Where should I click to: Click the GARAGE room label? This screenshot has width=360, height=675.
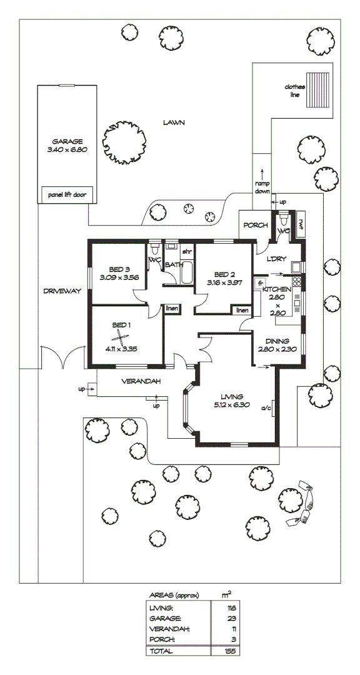[67, 141]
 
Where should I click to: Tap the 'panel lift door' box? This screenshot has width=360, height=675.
[67, 194]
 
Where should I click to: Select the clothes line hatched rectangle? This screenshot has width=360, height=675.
[317, 90]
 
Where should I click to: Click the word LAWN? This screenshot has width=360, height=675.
[174, 122]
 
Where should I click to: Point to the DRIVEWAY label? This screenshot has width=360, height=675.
[62, 291]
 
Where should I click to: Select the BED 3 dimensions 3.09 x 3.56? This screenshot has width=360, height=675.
[119, 277]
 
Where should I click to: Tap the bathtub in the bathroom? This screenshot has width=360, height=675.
[186, 272]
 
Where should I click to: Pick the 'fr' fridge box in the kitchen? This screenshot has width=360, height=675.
[259, 283]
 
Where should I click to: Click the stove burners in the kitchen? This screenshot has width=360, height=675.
[297, 282]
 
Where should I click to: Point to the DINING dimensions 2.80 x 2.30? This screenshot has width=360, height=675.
[277, 349]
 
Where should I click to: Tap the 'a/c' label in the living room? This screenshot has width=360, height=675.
[266, 409]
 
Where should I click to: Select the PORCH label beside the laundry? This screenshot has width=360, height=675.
[256, 225]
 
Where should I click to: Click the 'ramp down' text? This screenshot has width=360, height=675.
[262, 187]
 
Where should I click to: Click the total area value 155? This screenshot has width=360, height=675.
[231, 651]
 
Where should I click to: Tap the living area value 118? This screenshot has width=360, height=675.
[231, 608]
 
